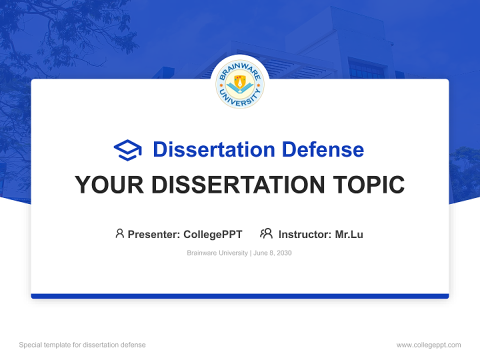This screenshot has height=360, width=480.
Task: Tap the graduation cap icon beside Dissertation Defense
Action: pyautogui.click(x=127, y=150)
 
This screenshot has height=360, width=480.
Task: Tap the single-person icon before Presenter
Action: pyautogui.click(x=119, y=233)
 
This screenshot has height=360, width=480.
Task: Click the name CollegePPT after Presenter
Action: pyautogui.click(x=213, y=234)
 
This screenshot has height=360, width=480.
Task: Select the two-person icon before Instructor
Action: pyautogui.click(x=266, y=233)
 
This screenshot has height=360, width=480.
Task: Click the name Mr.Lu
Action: pyautogui.click(x=349, y=234)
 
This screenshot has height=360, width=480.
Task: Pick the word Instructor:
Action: pyautogui.click(x=304, y=234)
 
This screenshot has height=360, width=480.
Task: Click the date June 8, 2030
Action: pyautogui.click(x=272, y=253)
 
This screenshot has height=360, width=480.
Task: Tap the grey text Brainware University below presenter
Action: pyautogui.click(x=217, y=253)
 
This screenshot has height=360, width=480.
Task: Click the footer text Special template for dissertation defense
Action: pyautogui.click(x=82, y=345)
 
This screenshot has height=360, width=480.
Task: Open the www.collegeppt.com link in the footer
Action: pyautogui.click(x=428, y=345)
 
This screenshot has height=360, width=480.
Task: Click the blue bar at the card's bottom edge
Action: pyautogui.click(x=240, y=296)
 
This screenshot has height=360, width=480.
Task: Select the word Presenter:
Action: pyautogui.click(x=153, y=234)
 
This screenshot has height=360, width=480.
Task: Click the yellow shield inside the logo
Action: pyautogui.click(x=240, y=80)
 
